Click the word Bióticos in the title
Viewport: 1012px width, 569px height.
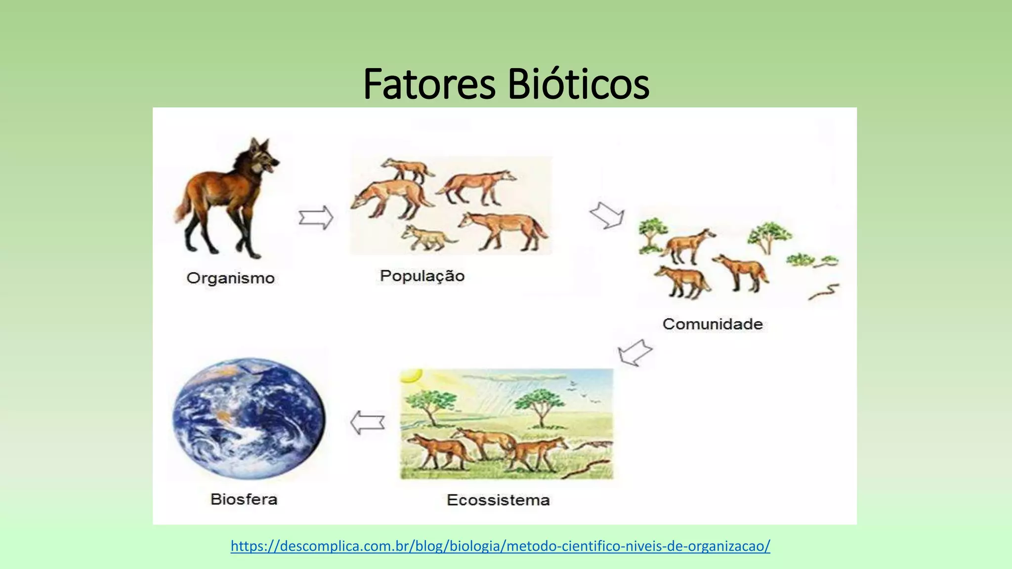point(578,84)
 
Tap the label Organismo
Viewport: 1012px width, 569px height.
point(230,278)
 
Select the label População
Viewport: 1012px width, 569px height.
point(422,276)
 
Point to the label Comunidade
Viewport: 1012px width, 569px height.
point(712,324)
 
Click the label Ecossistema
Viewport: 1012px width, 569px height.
point(498,500)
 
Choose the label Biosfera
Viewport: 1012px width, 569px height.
point(244,499)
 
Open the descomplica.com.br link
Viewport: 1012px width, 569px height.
point(500,546)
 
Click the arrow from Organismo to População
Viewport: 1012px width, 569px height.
point(316,217)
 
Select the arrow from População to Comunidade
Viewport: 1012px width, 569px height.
point(607,215)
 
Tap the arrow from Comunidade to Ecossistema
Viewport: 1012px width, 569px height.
point(635,353)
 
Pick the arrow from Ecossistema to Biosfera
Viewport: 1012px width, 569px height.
point(367,423)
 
